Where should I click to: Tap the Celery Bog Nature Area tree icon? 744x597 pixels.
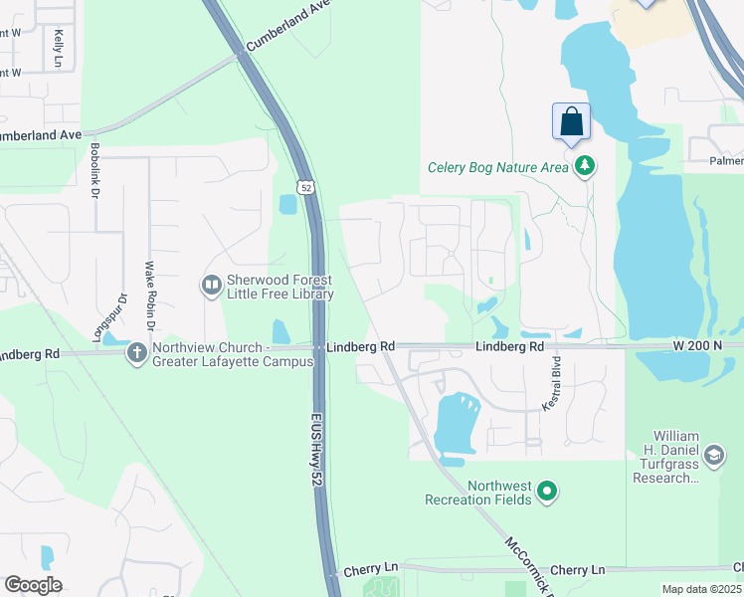tap(585, 166)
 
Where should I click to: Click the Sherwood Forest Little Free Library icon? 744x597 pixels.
tap(211, 286)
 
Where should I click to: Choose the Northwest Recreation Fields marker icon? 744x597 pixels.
tap(546, 491)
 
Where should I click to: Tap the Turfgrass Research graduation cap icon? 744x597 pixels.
tap(713, 456)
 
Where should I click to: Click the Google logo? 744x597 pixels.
tap(33, 585)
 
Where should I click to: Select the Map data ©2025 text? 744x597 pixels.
tap(701, 589)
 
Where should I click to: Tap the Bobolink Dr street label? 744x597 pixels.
tap(95, 170)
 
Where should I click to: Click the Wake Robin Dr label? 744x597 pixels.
tap(150, 296)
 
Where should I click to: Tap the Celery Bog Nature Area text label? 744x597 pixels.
tap(497, 167)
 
